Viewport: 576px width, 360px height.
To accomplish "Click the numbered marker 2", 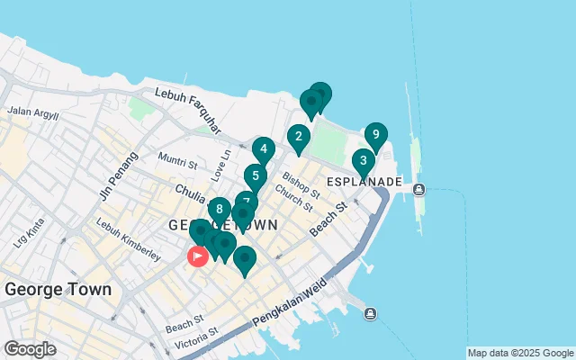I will click(298, 138).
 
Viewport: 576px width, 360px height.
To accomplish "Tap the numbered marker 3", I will click(363, 163).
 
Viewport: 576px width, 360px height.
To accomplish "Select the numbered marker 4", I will click(263, 149).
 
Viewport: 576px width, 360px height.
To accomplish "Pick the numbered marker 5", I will click(256, 176).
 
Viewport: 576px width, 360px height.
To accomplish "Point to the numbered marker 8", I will click(219, 209).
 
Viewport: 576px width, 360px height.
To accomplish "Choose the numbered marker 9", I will click(375, 136).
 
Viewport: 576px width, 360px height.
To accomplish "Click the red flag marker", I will click(197, 256).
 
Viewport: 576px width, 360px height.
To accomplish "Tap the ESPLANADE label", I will click(364, 182).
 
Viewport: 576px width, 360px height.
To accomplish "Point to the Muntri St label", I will click(177, 162).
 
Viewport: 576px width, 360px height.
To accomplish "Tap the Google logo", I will click(30, 349).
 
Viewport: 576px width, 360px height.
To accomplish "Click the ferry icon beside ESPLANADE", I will click(419, 189).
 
